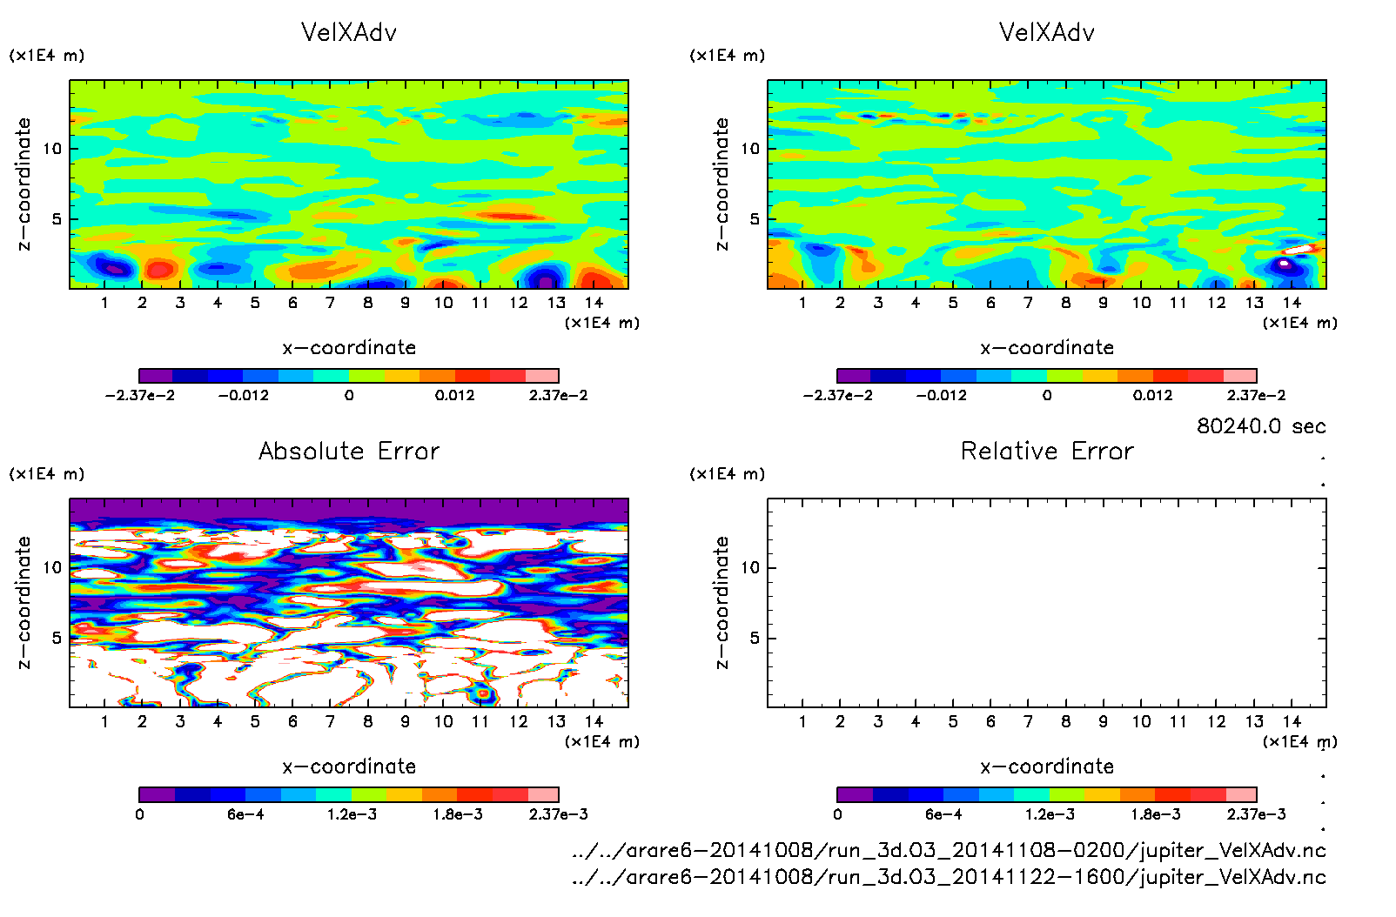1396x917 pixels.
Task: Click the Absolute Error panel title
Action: pos(349,451)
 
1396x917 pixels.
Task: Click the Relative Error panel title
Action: pos(1047,451)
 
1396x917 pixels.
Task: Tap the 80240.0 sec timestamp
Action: pos(1261,426)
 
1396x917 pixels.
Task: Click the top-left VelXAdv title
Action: pos(349,32)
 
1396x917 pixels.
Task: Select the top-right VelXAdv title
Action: pos(1047,32)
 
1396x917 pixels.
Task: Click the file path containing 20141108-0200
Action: pos(949,850)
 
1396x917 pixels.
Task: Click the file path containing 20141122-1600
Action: pos(949,877)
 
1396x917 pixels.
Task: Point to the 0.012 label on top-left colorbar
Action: pos(455,395)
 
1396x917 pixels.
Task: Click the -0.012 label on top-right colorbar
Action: pos(941,395)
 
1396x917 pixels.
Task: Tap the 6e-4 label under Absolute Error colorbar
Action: pos(245,814)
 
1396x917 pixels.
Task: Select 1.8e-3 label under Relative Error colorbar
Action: pos(1156,814)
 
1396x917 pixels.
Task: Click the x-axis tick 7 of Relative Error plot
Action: pos(1028,721)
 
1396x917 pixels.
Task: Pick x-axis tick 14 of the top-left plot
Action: pos(594,303)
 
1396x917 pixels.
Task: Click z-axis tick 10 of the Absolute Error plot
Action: pos(53,567)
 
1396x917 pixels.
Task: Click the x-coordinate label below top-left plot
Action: pos(349,348)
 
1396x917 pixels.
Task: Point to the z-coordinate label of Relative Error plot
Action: pos(721,602)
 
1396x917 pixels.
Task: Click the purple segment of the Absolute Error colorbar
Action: pos(157,794)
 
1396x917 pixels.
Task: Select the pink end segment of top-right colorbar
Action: pos(1239,376)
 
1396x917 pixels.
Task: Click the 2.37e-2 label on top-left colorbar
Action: pos(558,395)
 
